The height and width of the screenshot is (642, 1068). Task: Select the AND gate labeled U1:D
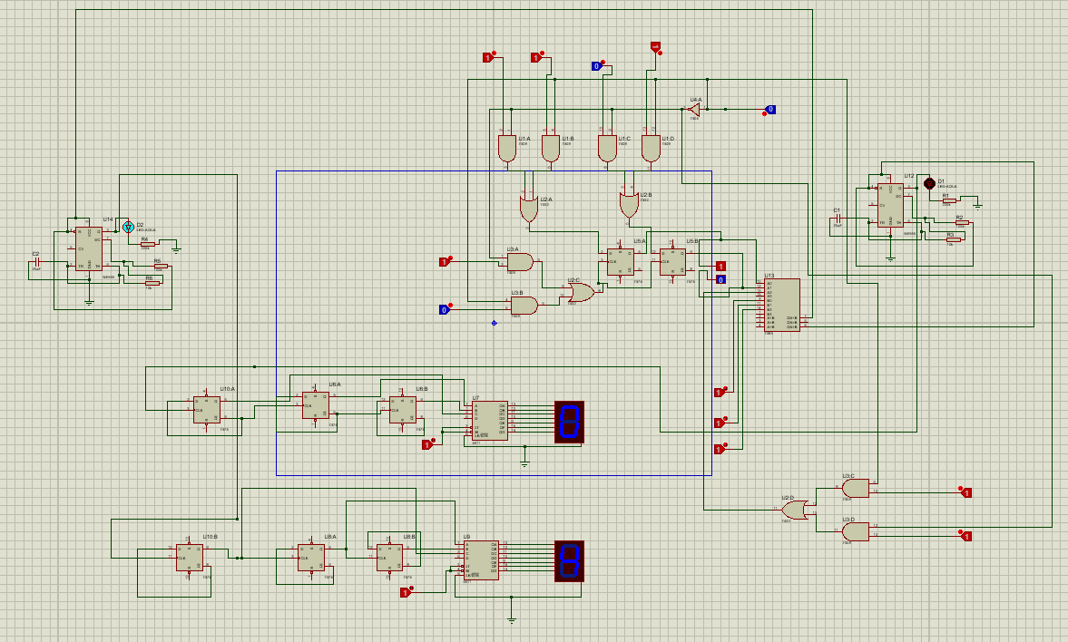[x=651, y=149]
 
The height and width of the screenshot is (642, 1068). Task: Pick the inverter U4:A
[x=693, y=109]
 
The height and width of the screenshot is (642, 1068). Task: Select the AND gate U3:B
[x=524, y=306]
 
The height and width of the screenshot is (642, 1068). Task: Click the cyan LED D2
[x=129, y=227]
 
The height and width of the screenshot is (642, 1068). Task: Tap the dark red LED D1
[x=928, y=183]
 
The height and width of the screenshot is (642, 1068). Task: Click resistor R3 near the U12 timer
[x=953, y=238]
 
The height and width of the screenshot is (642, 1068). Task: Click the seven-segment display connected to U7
[x=569, y=422]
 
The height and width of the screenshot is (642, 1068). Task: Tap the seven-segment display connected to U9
[x=569, y=561]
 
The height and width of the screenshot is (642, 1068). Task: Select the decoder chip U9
[x=481, y=560]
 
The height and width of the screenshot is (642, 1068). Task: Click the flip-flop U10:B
[x=190, y=558]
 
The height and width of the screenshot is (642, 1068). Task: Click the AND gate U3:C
[x=855, y=489]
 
